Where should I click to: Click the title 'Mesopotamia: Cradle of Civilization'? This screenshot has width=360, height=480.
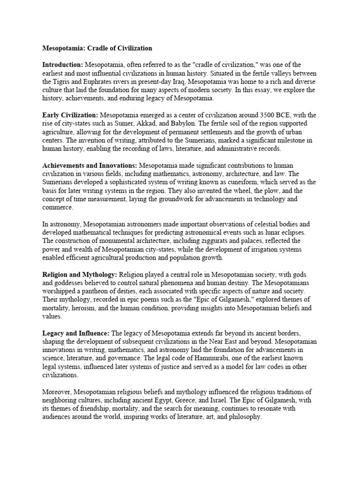(97, 48)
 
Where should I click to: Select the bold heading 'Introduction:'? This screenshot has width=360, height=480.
(62, 64)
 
